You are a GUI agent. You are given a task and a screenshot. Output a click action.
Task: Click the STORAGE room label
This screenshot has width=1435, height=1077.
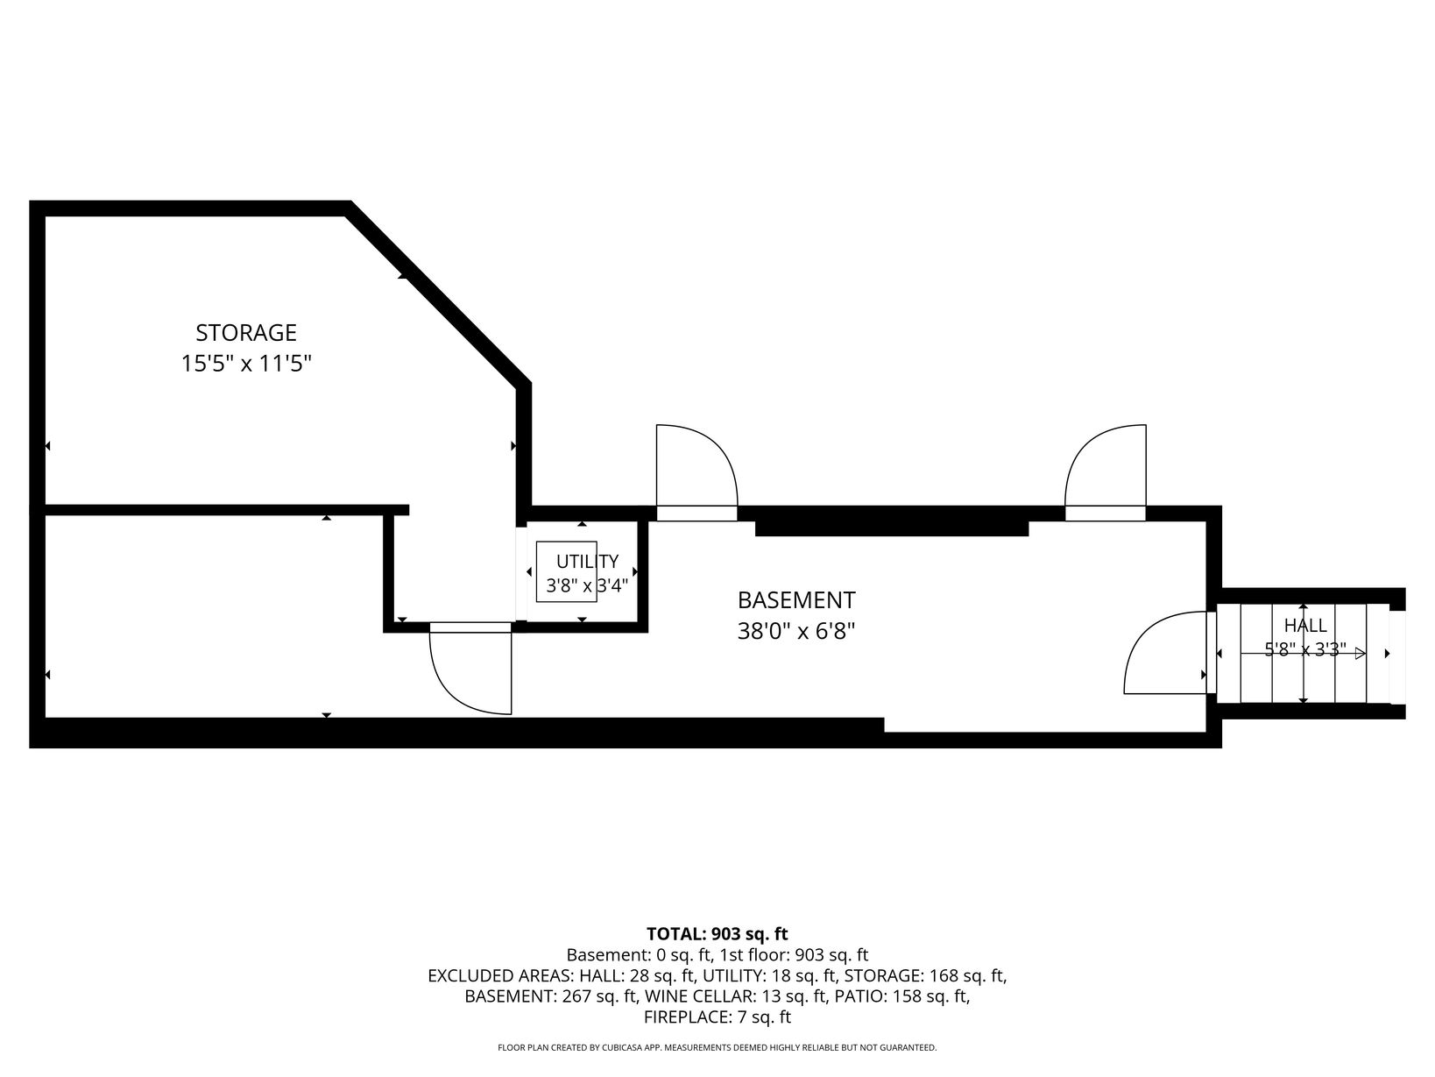pyautogui.click(x=246, y=333)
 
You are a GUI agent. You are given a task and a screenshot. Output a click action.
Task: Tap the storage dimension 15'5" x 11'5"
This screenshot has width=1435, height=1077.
pyautogui.click(x=246, y=364)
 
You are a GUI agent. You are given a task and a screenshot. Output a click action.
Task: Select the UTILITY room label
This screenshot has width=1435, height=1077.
pyautogui.click(x=587, y=561)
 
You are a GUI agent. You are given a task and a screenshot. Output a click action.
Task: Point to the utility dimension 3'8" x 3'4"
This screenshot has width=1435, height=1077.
pyautogui.click(x=587, y=585)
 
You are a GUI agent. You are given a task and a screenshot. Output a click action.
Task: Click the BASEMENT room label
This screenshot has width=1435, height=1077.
pyautogui.click(x=796, y=600)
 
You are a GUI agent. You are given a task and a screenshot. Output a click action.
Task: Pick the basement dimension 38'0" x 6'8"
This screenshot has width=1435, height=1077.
pyautogui.click(x=796, y=631)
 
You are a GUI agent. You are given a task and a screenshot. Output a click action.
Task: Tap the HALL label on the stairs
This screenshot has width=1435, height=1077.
pyautogui.click(x=1304, y=626)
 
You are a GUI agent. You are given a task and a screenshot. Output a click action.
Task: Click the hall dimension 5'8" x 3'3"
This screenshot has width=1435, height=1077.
pyautogui.click(x=1304, y=649)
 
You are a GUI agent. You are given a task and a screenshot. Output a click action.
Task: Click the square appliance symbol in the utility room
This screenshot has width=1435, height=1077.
pyautogui.click(x=566, y=571)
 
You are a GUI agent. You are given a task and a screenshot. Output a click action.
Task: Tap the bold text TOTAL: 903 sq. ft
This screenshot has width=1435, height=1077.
pyautogui.click(x=717, y=933)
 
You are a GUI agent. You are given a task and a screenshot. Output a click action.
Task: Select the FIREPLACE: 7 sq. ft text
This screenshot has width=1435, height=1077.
pyautogui.click(x=717, y=1017)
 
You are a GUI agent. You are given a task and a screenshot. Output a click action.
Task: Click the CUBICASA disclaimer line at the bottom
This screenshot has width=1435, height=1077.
pyautogui.click(x=717, y=1047)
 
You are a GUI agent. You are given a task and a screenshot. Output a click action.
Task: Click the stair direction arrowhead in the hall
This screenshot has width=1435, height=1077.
pyautogui.click(x=1360, y=653)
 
